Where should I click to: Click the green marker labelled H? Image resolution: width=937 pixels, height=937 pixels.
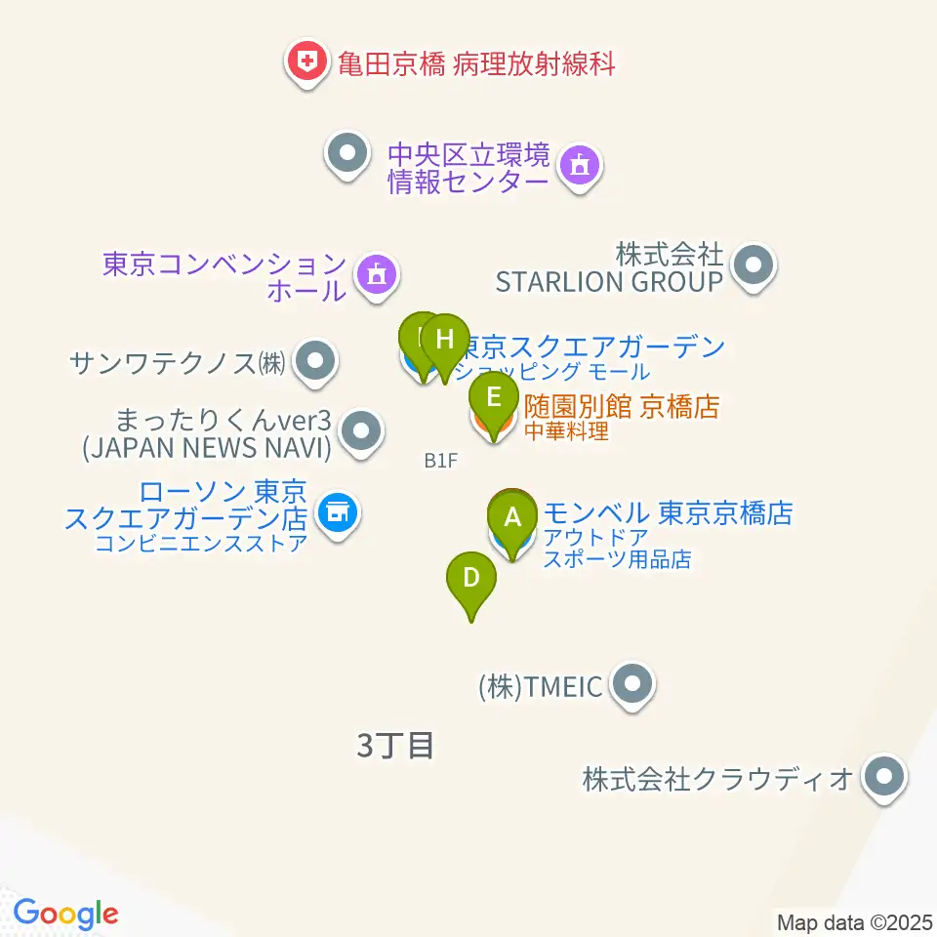pyautogui.click(x=445, y=342)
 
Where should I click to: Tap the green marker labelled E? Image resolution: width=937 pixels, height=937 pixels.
pyautogui.click(x=494, y=399)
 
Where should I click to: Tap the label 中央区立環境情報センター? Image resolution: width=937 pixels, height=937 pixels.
pyautogui.click(x=468, y=169)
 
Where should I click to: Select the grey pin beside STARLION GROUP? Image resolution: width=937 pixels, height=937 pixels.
pyautogui.click(x=753, y=264)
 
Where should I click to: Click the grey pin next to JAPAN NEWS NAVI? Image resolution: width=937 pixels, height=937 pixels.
pyautogui.click(x=362, y=429)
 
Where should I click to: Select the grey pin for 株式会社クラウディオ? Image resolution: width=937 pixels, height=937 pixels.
pyautogui.click(x=885, y=778)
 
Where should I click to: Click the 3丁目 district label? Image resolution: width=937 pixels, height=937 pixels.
pyautogui.click(x=394, y=747)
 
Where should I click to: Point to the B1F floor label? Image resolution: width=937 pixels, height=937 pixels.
pyautogui.click(x=440, y=461)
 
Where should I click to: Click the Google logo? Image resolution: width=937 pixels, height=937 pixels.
pyautogui.click(x=65, y=914)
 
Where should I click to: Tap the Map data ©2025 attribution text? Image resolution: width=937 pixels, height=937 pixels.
pyautogui.click(x=855, y=921)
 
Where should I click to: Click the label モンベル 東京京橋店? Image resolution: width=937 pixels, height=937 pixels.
pyautogui.click(x=668, y=512)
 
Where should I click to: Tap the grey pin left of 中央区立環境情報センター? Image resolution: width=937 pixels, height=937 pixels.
pyautogui.click(x=346, y=153)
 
